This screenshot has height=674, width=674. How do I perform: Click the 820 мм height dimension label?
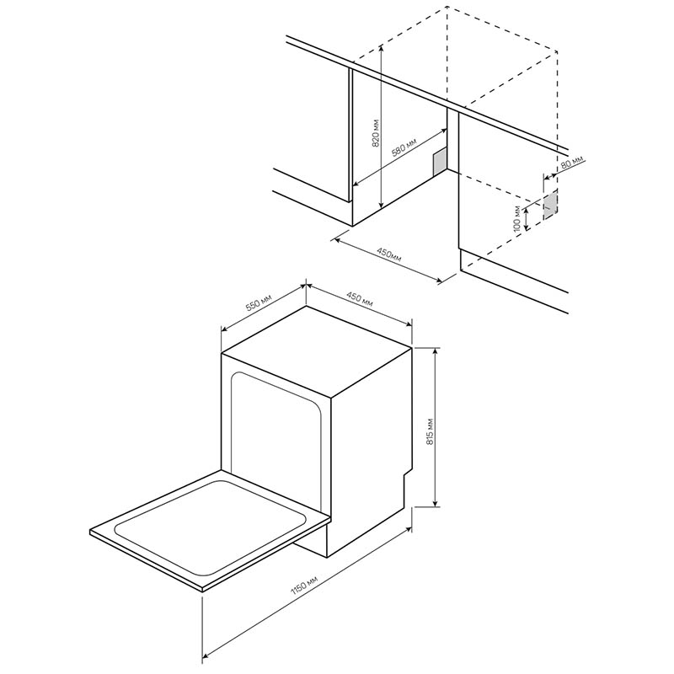click(x=377, y=133)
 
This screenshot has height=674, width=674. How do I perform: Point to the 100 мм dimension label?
click(x=518, y=219)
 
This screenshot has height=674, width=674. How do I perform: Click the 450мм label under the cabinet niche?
click(x=389, y=254)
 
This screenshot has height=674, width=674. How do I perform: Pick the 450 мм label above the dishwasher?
click(x=360, y=299)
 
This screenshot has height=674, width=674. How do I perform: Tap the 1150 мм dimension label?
click(x=304, y=586)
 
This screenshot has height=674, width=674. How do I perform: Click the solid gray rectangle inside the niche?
click(x=439, y=162)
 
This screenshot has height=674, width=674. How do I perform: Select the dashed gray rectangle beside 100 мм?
click(x=550, y=205)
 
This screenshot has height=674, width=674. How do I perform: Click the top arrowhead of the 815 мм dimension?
click(x=436, y=350)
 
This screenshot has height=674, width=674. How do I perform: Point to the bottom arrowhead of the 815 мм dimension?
click(x=436, y=503)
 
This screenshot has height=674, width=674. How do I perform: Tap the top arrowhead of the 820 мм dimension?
click(x=382, y=48)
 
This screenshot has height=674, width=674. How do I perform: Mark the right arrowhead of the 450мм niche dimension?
click(x=438, y=281)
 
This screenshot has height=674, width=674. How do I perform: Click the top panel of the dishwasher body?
click(x=317, y=350)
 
